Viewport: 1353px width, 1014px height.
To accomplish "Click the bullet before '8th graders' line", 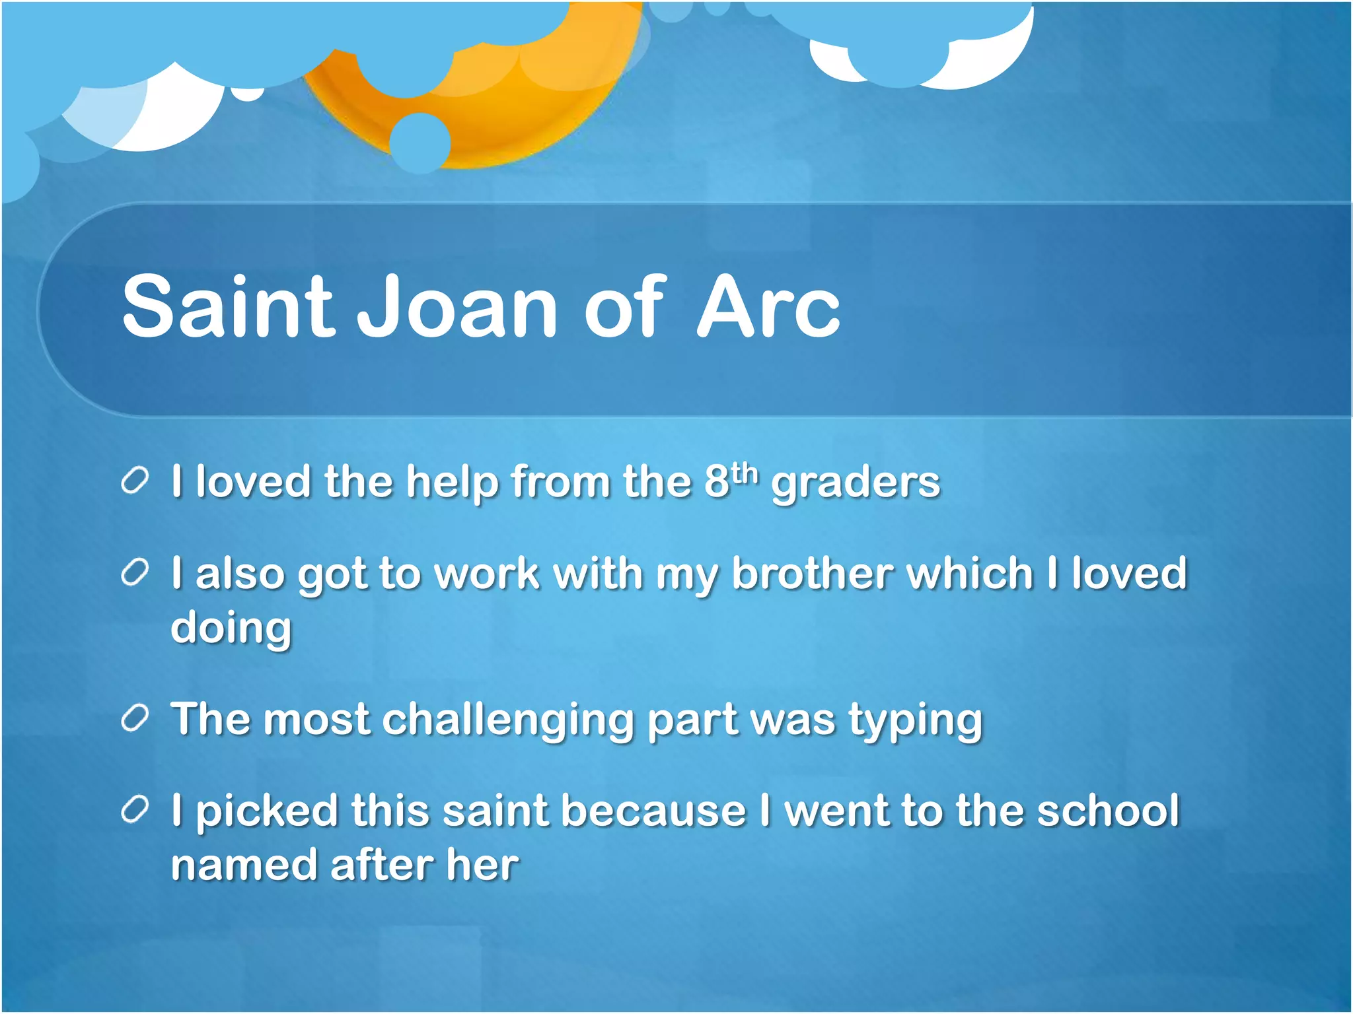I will (135, 481).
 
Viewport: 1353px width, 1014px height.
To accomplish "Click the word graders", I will (856, 483).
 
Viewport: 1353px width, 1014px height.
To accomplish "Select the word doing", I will (231, 628).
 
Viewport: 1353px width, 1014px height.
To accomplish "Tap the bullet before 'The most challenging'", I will (135, 719).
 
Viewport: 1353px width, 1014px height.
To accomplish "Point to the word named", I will (243, 865).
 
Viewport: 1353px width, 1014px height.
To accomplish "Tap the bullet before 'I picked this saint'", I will (135, 811).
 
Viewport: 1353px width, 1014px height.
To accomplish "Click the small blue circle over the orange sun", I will (420, 143).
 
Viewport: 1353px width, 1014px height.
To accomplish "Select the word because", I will (653, 811).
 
